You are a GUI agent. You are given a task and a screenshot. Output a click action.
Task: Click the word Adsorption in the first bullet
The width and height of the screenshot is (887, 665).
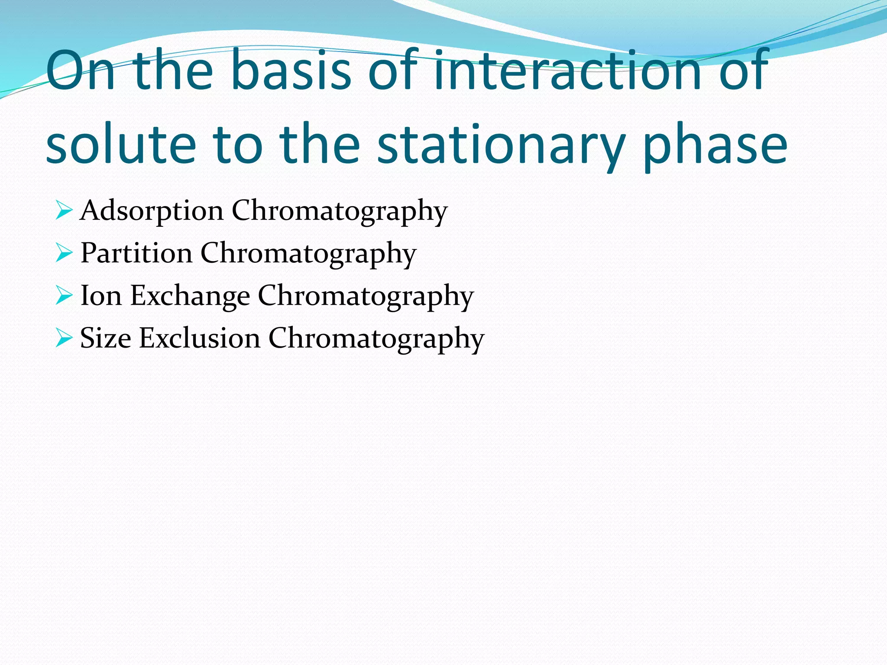pos(152,211)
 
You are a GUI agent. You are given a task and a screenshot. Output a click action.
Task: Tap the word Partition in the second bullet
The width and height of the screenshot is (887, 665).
pos(136,253)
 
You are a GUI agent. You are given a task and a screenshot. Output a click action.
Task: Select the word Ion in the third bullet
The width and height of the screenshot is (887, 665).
pos(101,296)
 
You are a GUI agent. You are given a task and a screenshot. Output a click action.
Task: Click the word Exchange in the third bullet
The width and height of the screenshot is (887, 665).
pos(190,296)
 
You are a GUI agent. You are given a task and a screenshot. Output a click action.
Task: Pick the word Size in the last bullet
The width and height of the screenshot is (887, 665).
pos(105,338)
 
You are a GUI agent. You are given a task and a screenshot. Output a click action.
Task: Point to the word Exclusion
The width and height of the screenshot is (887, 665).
pos(199,338)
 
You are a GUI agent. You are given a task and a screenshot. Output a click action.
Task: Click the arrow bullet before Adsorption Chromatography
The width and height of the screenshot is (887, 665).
pos(64,211)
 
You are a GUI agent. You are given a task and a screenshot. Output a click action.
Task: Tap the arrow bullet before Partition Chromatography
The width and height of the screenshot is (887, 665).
pos(64,253)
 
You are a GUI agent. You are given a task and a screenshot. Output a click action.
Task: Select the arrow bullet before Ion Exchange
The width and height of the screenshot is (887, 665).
pos(64,296)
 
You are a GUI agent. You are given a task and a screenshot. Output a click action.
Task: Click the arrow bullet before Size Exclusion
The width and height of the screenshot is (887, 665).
pos(64,338)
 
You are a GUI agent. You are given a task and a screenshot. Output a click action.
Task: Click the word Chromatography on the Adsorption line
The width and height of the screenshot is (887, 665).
pos(339,211)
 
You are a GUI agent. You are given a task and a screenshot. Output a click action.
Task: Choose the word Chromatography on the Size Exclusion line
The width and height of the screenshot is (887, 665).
pos(376,338)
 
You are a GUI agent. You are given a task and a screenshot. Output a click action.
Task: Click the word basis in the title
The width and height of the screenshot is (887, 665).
pos(291,71)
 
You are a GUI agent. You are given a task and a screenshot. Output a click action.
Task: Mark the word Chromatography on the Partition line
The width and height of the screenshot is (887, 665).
pos(308,253)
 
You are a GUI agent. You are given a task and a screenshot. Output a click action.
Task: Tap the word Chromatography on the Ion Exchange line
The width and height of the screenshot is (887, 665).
pos(366,296)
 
